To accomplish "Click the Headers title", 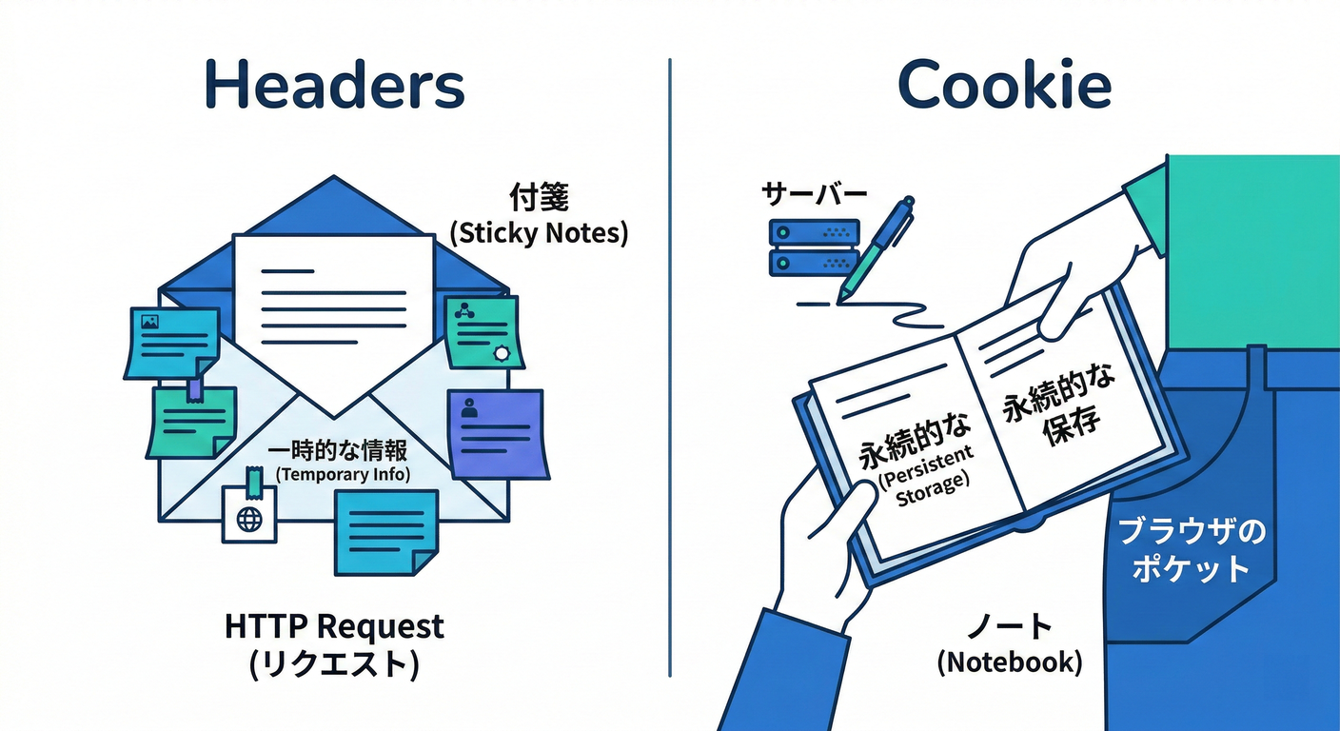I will pos(334,86).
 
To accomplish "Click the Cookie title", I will pos(1004,86).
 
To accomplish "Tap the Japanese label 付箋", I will pos(538,197).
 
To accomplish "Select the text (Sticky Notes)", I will pos(538,233).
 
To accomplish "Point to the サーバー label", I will pos(814,194).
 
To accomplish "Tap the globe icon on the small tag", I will pos(249,519).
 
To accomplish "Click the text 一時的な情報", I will pos(337,449).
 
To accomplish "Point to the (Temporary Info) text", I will pos(342,474).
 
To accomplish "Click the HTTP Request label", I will pos(334,626).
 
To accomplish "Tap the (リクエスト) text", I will pos(334,665).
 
